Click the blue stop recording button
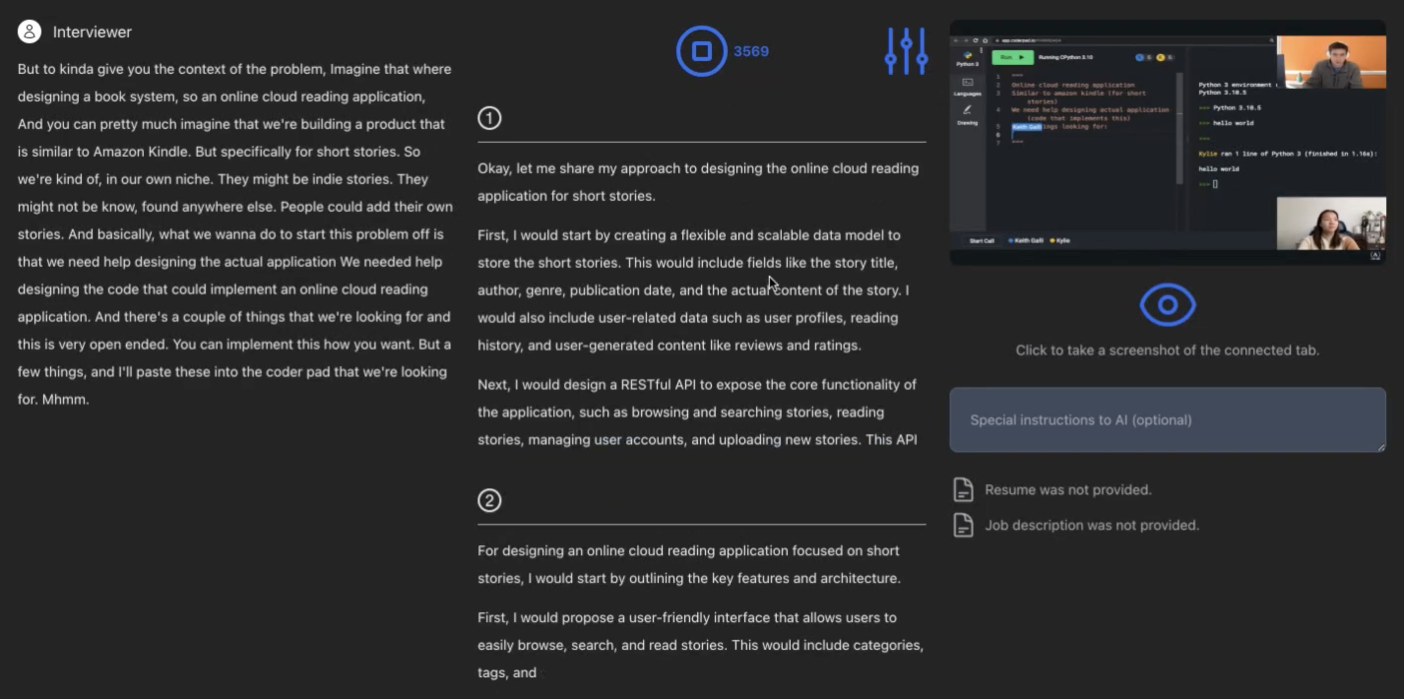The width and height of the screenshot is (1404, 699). click(x=701, y=51)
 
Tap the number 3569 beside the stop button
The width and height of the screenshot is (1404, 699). click(x=751, y=52)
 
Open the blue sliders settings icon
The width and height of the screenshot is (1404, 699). click(x=906, y=51)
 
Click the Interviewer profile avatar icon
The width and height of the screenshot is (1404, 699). click(x=30, y=32)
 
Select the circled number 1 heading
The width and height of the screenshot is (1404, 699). click(x=489, y=118)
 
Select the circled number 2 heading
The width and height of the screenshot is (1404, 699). click(x=489, y=500)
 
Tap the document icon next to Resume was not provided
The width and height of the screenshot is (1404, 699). click(x=963, y=489)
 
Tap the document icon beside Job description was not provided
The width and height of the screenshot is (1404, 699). click(x=963, y=525)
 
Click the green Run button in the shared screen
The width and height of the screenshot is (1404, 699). click(x=1012, y=57)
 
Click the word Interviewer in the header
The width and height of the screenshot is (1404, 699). click(x=92, y=32)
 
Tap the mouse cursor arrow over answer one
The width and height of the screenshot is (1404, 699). click(x=772, y=282)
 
